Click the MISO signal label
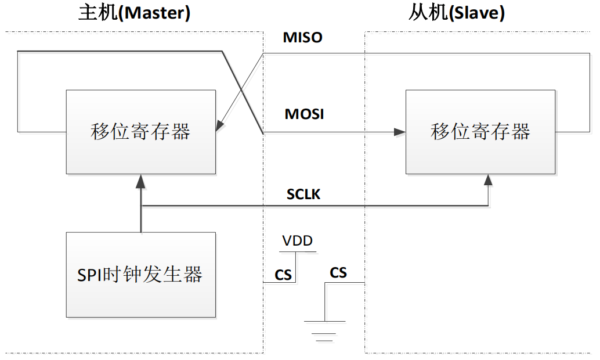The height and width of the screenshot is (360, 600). [x=302, y=38]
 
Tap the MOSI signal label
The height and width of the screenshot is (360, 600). [x=304, y=114]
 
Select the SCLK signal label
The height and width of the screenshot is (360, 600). [x=303, y=195]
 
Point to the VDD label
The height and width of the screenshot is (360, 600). [x=297, y=241]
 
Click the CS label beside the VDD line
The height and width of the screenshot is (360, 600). [x=283, y=275]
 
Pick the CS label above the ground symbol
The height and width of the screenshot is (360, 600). [x=338, y=273]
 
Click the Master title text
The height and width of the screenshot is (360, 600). [x=134, y=13]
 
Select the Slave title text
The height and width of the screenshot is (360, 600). [x=457, y=13]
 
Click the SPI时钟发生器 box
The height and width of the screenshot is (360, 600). [x=141, y=275]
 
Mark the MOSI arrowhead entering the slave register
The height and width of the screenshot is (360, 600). [x=400, y=132]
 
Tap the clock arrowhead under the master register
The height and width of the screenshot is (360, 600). [x=141, y=181]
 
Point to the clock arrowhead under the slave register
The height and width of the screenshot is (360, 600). [x=488, y=180]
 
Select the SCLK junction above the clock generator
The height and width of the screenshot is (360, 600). [x=141, y=206]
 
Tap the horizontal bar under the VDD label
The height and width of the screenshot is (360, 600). [x=298, y=252]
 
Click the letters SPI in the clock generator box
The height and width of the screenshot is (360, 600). [x=88, y=275]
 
